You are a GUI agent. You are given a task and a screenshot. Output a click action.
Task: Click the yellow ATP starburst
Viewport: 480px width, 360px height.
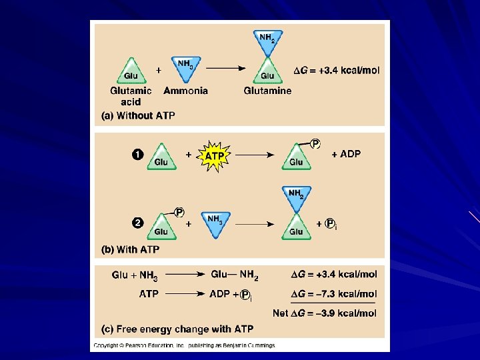tap(214, 155)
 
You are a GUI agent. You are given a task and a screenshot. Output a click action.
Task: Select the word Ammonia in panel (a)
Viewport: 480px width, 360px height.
tap(185, 91)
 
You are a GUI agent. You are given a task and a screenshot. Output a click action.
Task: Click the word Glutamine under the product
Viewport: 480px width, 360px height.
tap(267, 91)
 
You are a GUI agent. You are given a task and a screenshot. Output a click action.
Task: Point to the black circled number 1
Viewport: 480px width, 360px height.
tap(137, 155)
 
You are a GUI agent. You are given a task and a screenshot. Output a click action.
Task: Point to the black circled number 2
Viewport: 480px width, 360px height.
tap(137, 223)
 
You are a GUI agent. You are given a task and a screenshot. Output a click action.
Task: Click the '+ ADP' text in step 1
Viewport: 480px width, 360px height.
tap(346, 154)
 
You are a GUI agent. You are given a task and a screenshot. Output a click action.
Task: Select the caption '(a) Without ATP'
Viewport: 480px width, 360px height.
tap(138, 115)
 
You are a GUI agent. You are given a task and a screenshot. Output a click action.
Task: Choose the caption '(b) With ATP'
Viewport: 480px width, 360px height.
tap(130, 250)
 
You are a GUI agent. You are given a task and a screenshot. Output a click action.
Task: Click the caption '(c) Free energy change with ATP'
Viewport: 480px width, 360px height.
tap(177, 329)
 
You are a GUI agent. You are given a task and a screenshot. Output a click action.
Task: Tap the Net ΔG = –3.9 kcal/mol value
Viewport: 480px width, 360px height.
tap(325, 313)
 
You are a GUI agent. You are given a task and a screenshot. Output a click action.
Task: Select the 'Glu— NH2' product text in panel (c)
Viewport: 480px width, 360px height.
tap(235, 275)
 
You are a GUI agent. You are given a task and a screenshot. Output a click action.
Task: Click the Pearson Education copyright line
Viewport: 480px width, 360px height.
tap(184, 345)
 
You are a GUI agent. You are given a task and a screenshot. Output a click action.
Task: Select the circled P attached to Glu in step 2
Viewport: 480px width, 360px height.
tap(179, 212)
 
